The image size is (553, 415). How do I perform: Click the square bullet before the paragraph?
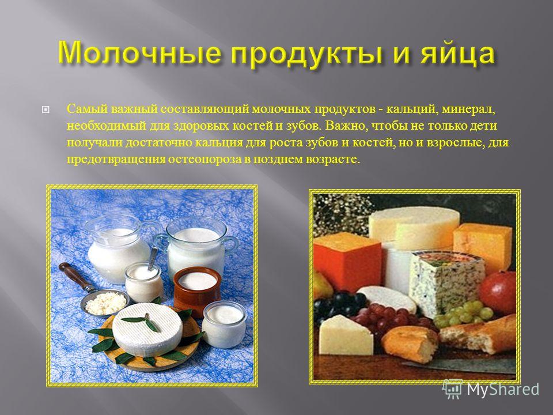click(x=45, y=110)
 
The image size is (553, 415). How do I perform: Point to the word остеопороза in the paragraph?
click(x=204, y=159)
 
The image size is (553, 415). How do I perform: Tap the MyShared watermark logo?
click(x=491, y=389)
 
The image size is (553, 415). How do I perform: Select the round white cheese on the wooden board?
click(x=147, y=329)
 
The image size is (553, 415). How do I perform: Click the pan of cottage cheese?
click(x=105, y=303)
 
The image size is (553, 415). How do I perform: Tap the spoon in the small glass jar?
click(x=153, y=258)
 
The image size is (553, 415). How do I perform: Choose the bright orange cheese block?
click(x=347, y=261)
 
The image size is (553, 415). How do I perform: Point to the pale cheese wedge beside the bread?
click(x=346, y=335)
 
